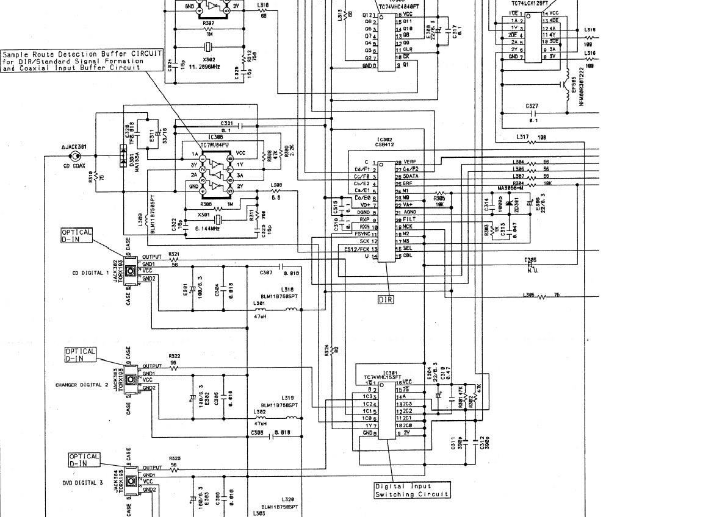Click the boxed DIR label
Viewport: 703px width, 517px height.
click(x=386, y=299)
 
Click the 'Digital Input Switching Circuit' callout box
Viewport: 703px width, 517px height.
click(x=412, y=490)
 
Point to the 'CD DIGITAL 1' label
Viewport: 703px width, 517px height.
click(x=90, y=273)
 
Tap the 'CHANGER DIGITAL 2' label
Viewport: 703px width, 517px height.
click(x=82, y=385)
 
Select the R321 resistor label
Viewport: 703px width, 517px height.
click(x=174, y=254)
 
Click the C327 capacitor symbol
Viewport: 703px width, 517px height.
click(x=533, y=113)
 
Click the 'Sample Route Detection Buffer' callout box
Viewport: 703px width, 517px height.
click(x=82, y=60)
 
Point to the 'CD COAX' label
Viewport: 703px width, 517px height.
click(x=74, y=166)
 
